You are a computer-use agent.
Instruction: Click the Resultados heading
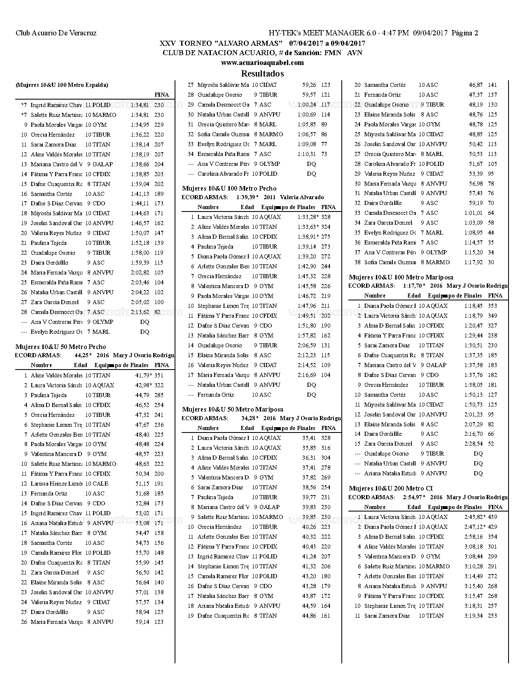coord(262,74)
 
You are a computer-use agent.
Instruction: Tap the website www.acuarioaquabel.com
coord(262,63)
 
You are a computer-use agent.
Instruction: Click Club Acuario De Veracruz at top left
coord(56,33)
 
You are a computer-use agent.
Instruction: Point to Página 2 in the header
coord(465,33)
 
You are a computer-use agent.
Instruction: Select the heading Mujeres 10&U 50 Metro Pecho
coord(61,347)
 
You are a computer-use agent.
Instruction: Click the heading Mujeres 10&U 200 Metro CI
coord(391,488)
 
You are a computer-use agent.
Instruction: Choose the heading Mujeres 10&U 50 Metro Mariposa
coord(233,409)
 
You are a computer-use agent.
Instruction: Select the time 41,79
coord(142,375)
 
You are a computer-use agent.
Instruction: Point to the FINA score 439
coord(492,517)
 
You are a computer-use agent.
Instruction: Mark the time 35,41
coord(309,438)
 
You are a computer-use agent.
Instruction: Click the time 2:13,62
coord(140,312)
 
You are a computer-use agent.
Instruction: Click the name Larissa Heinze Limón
coord(56,484)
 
